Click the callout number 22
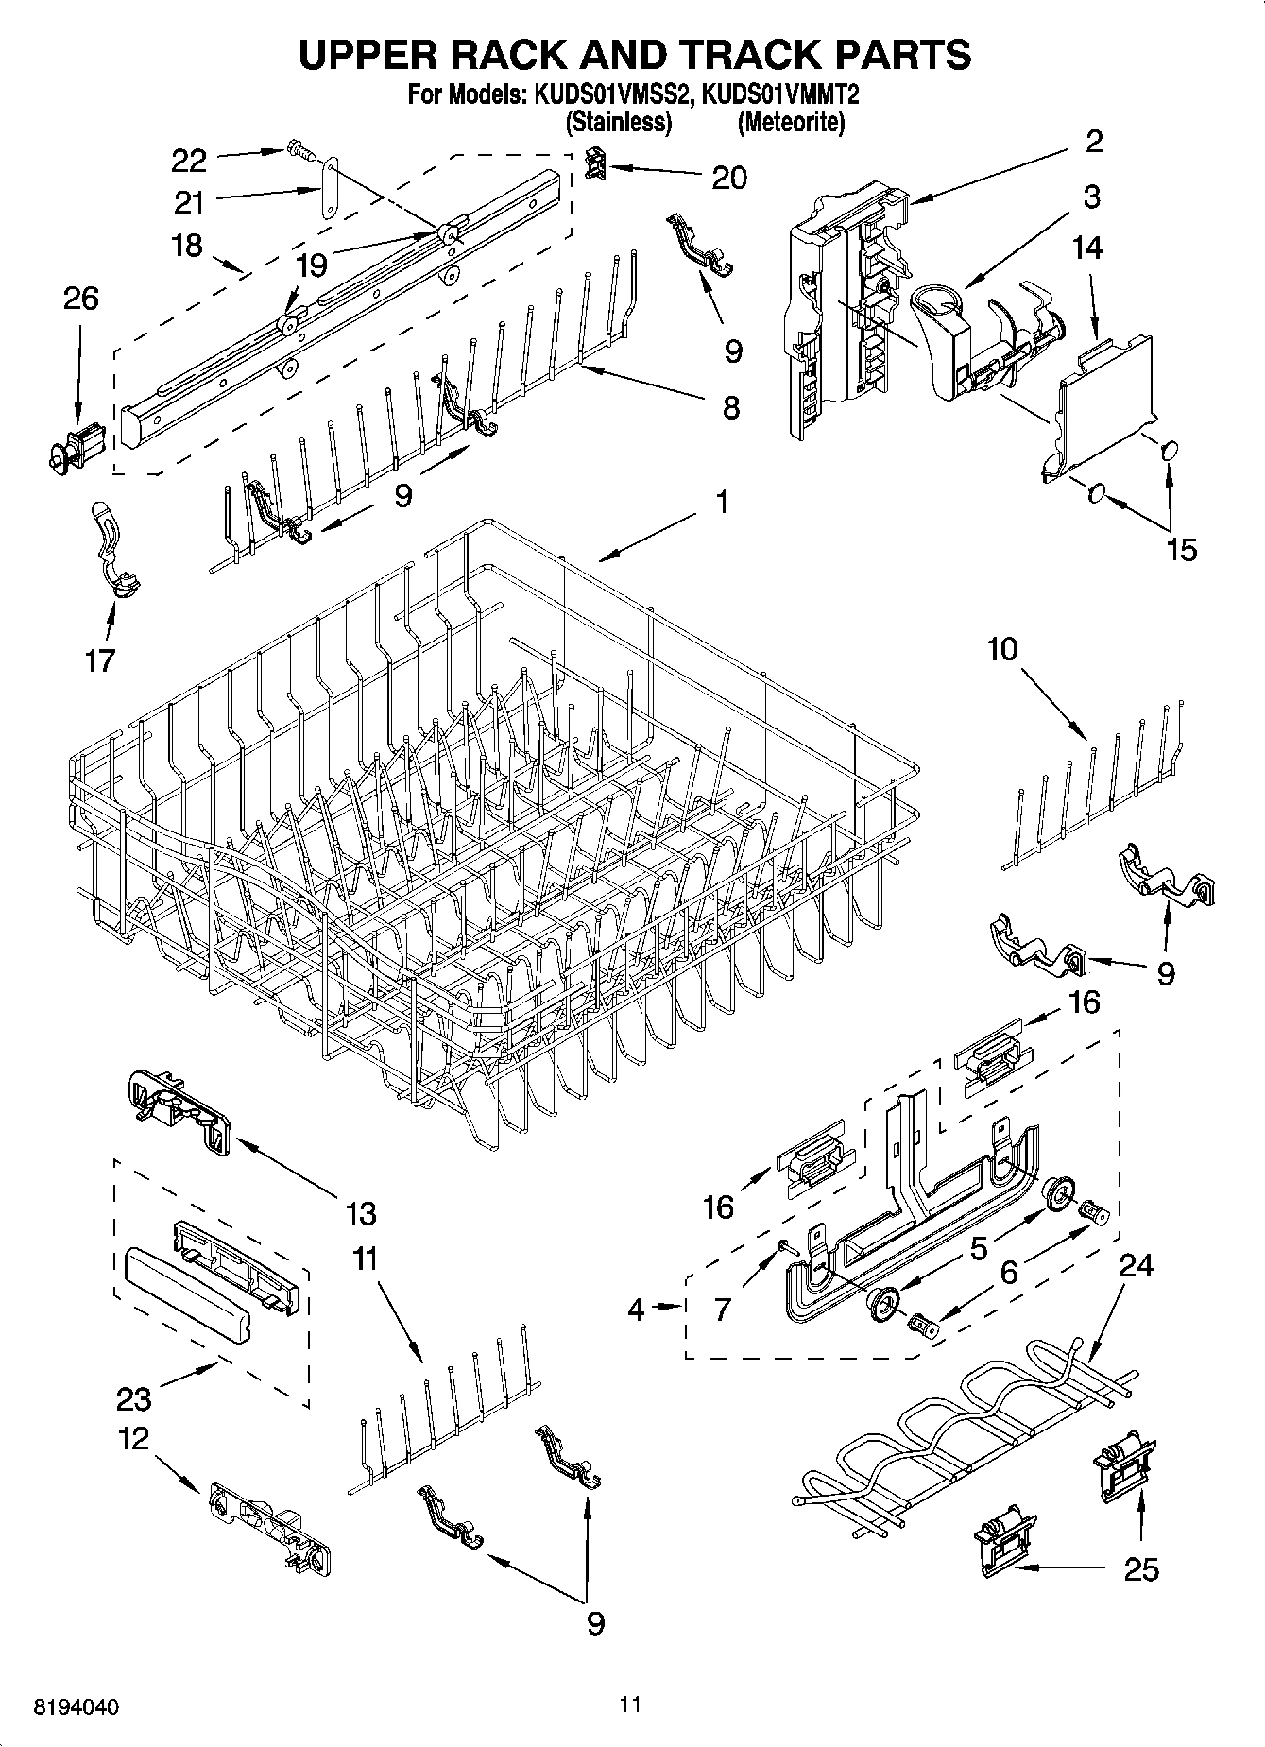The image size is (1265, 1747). click(189, 161)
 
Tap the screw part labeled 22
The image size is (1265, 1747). click(295, 149)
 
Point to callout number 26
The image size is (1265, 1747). click(80, 299)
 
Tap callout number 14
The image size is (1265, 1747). click(1086, 248)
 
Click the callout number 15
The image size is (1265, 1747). click(1181, 550)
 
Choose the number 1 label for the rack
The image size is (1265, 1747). click(721, 502)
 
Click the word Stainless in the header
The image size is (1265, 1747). click(619, 123)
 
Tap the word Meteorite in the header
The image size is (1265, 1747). click(792, 123)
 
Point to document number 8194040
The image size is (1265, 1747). click(77, 1708)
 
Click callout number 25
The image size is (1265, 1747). click(1141, 1569)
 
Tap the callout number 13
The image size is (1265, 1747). click(360, 1213)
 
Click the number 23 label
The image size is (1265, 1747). click(135, 1396)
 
